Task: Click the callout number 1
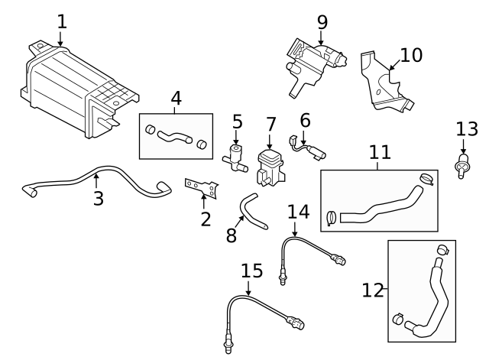(x=62, y=21)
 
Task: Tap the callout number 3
(x=97, y=199)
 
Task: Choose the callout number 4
(x=176, y=99)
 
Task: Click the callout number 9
(x=322, y=21)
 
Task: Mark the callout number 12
(x=373, y=290)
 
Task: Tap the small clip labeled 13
(x=461, y=165)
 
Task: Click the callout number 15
(x=251, y=271)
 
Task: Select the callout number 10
(x=410, y=55)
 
